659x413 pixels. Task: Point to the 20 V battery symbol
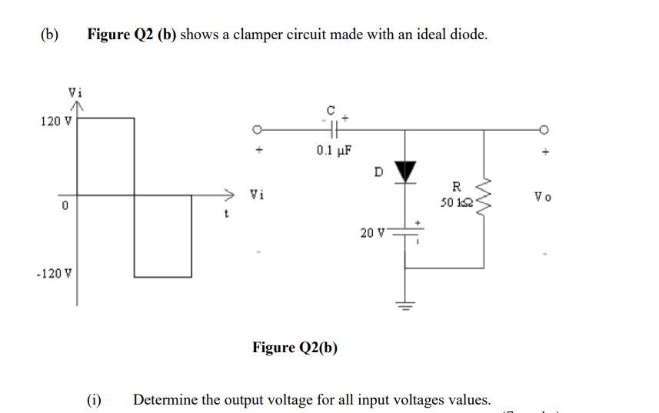click(x=406, y=232)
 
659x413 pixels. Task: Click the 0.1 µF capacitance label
click(x=334, y=149)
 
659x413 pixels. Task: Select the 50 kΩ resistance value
click(x=455, y=203)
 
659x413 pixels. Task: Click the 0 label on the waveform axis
click(x=65, y=206)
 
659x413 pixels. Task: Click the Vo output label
click(x=541, y=197)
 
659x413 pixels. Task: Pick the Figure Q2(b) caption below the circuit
click(x=295, y=348)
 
